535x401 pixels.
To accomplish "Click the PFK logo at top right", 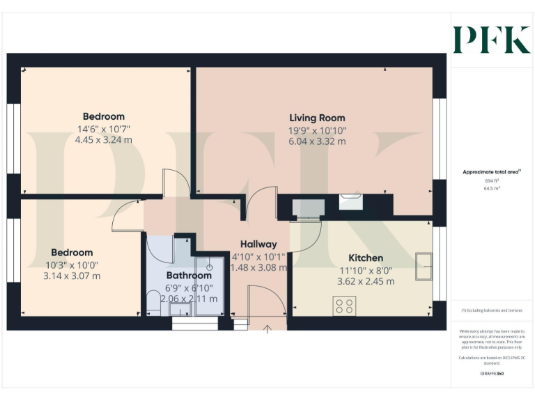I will click(x=491, y=40).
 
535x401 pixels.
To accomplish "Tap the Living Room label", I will click(x=317, y=118).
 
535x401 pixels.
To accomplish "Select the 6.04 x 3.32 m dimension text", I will click(x=317, y=141).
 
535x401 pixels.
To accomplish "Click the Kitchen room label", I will click(x=366, y=258).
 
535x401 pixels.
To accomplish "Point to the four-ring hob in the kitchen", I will click(x=345, y=306).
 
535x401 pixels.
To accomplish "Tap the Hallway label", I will click(x=258, y=244).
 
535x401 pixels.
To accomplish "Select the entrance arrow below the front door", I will click(x=267, y=329).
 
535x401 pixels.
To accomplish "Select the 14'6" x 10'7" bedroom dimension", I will click(x=103, y=129).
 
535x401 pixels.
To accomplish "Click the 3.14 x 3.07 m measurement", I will click(x=72, y=276).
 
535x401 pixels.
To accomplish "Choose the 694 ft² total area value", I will click(x=491, y=180).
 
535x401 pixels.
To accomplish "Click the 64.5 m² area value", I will click(x=491, y=187).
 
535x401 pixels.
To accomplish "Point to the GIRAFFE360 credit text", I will click(x=492, y=374).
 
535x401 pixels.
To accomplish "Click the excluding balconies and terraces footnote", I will click(x=492, y=310).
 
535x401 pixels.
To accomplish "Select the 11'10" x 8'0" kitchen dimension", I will click(x=366, y=270).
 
